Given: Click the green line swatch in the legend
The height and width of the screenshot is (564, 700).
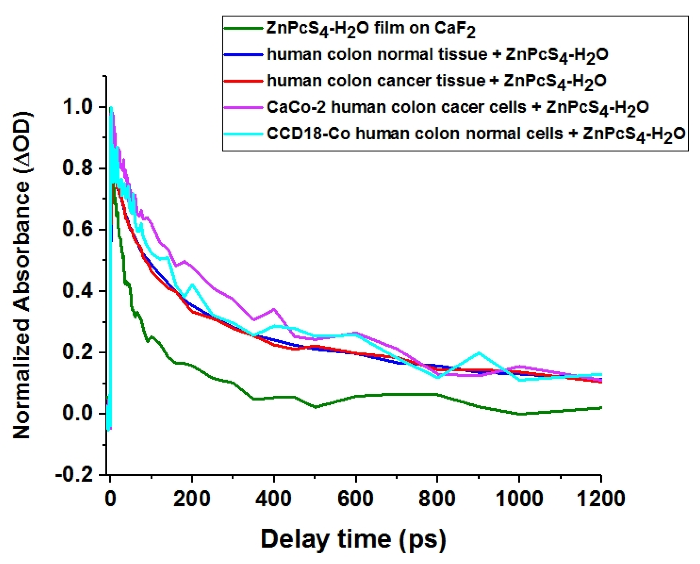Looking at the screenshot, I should click(243, 28).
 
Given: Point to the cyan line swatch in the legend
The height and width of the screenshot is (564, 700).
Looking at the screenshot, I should click(243, 134).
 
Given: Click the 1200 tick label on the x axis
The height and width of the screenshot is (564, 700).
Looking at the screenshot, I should click(601, 498).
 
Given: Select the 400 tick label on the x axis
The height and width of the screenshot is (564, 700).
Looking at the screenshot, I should click(274, 498).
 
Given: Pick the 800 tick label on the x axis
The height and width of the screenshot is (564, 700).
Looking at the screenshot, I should click(437, 498).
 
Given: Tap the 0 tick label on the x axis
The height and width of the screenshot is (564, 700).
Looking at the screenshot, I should click(110, 498).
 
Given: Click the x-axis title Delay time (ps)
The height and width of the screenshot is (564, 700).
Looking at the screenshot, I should click(353, 539).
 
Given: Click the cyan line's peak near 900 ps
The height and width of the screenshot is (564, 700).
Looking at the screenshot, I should click(478, 352).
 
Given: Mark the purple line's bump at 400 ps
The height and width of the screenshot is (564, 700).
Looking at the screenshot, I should click(274, 309).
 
